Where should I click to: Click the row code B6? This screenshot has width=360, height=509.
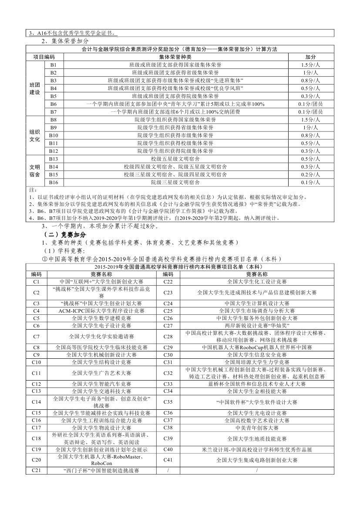tap(54, 104)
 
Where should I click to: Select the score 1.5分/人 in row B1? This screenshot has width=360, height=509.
tap(310, 64)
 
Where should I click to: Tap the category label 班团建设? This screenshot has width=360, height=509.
tap(34, 88)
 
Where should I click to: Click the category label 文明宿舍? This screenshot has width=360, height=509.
tap(34, 170)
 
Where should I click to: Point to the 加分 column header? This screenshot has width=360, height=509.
tap(310, 57)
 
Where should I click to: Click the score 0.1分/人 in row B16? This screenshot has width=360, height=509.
tap(310, 182)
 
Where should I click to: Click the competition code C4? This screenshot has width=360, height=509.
tap(37, 311)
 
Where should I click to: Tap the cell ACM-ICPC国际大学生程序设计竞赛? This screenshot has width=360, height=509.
tap(101, 311)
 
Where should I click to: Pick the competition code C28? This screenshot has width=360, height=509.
tap(168, 336)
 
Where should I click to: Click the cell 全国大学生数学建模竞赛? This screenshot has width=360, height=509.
tap(101, 318)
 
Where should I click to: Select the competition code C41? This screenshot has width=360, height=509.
tap(168, 459)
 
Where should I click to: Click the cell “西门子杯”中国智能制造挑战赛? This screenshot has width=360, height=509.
tap(101, 471)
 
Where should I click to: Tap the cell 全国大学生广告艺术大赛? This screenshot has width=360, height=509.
tap(101, 373)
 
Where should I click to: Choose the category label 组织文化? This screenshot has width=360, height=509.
tap(34, 135)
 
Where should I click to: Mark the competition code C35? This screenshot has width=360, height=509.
tap(168, 402)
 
